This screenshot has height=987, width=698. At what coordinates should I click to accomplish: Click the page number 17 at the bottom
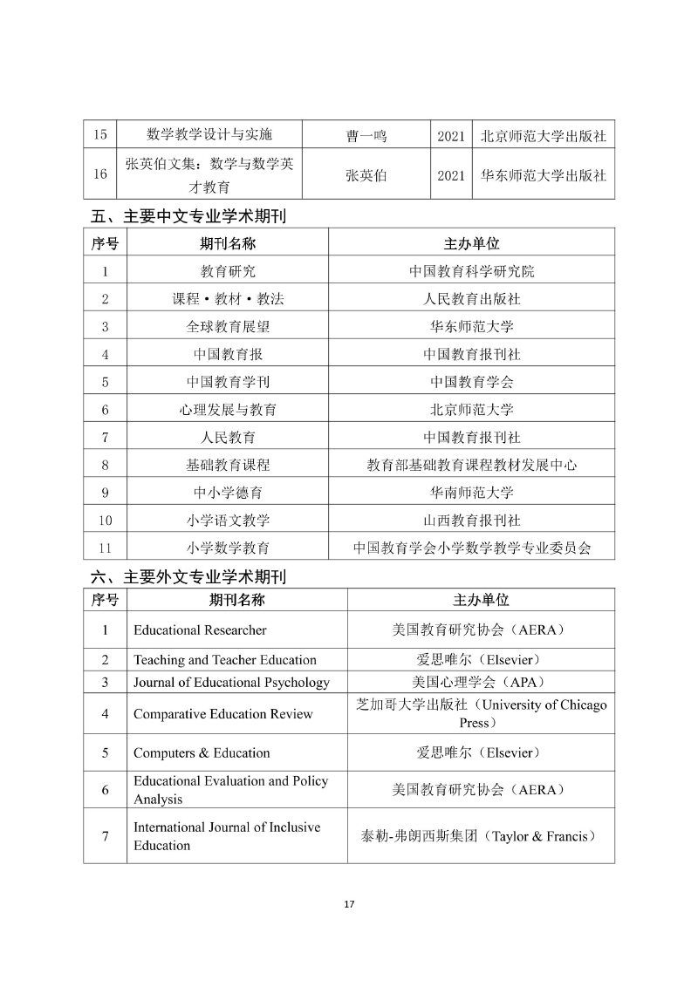tap(349, 903)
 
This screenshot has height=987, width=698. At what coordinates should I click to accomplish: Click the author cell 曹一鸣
tap(366, 135)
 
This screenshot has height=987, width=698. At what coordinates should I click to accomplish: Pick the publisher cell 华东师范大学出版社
tap(544, 175)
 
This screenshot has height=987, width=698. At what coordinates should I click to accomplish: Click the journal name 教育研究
tap(228, 271)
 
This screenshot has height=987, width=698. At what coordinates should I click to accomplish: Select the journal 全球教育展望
tap(228, 326)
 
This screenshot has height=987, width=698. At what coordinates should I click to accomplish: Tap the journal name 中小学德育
tap(228, 493)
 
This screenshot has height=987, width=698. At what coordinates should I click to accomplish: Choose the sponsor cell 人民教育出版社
tap(472, 299)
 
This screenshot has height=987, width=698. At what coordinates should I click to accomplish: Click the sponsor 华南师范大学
tap(472, 493)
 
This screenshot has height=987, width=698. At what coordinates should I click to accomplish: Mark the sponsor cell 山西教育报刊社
tap(472, 521)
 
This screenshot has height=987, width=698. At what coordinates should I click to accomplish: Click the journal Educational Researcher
tap(200, 630)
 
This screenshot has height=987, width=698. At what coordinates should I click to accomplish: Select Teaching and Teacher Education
tap(224, 660)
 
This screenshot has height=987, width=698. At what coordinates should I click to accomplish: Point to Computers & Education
tap(202, 753)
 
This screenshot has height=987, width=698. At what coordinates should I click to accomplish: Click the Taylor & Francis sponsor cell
tap(479, 836)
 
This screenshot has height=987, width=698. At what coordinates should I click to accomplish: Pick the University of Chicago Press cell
tap(481, 713)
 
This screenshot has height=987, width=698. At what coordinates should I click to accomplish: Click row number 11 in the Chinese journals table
tap(105, 548)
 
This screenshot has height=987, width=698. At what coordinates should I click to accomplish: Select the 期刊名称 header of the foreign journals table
tap(236, 600)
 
